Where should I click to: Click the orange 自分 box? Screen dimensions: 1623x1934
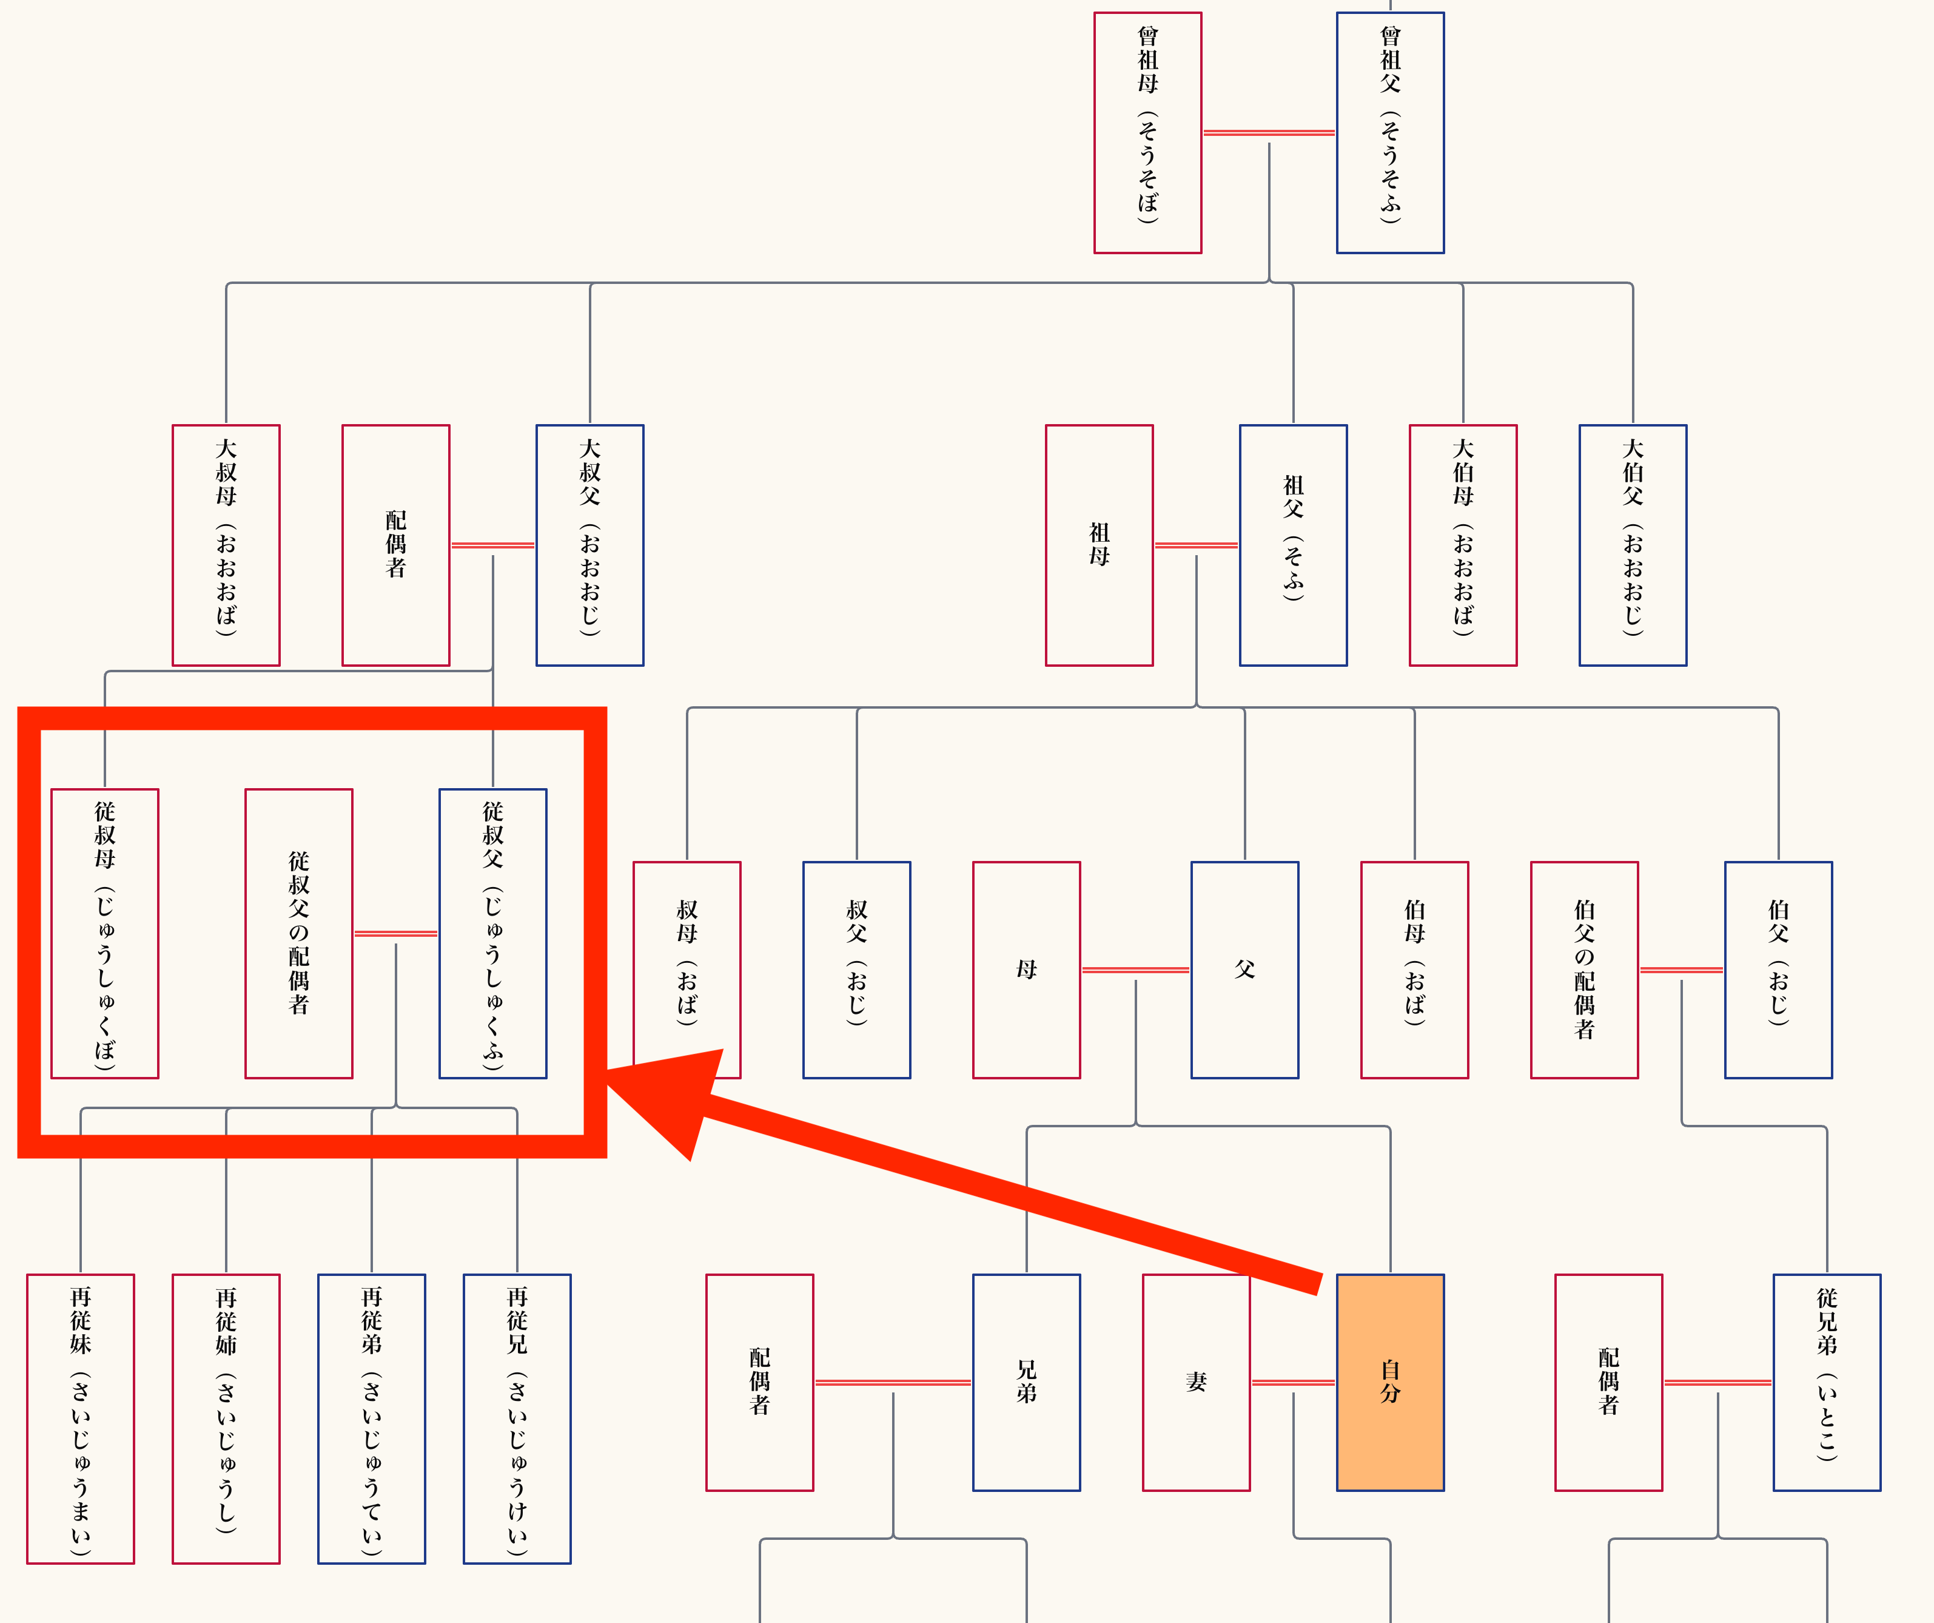(1390, 1382)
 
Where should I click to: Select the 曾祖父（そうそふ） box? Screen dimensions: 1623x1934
(1390, 133)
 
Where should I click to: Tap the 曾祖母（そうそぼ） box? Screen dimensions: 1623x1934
(1147, 133)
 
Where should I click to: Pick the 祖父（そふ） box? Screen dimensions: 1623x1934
(1293, 545)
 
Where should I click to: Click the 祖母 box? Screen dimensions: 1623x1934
(1099, 545)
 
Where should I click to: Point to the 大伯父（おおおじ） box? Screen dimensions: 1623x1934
(1633, 545)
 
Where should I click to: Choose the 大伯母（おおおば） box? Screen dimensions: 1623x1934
(1462, 545)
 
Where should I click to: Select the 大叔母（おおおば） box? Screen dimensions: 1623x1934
(226, 545)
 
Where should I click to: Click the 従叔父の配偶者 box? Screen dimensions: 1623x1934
(298, 933)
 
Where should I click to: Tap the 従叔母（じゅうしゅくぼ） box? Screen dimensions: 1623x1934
(104, 933)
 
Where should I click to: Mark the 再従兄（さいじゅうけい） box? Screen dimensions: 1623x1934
(517, 1419)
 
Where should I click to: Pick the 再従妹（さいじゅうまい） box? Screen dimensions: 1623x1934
(80, 1419)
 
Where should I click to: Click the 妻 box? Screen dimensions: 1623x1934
(1195, 1382)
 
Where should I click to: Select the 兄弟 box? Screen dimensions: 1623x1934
(1026, 1382)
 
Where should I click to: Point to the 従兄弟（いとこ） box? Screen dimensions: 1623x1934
(1826, 1382)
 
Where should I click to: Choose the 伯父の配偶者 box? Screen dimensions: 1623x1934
(1584, 970)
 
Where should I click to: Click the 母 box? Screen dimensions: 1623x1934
(1026, 970)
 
